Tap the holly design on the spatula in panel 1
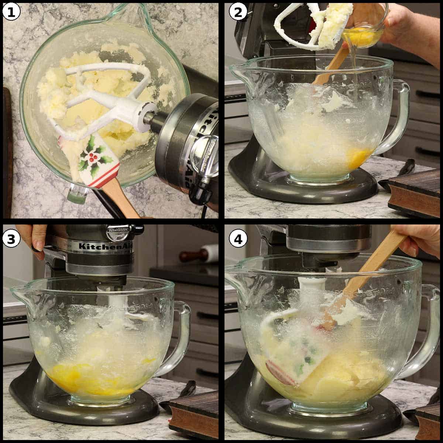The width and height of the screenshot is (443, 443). point(90,155)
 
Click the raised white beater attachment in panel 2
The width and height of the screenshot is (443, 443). point(310,26)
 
